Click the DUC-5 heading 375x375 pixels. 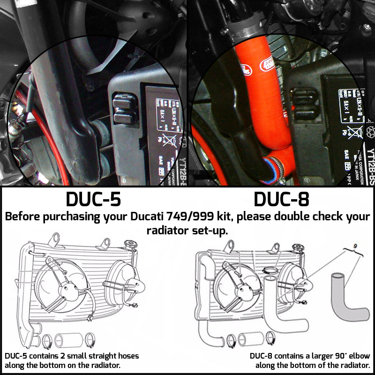93,199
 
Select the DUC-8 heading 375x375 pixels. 281,199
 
